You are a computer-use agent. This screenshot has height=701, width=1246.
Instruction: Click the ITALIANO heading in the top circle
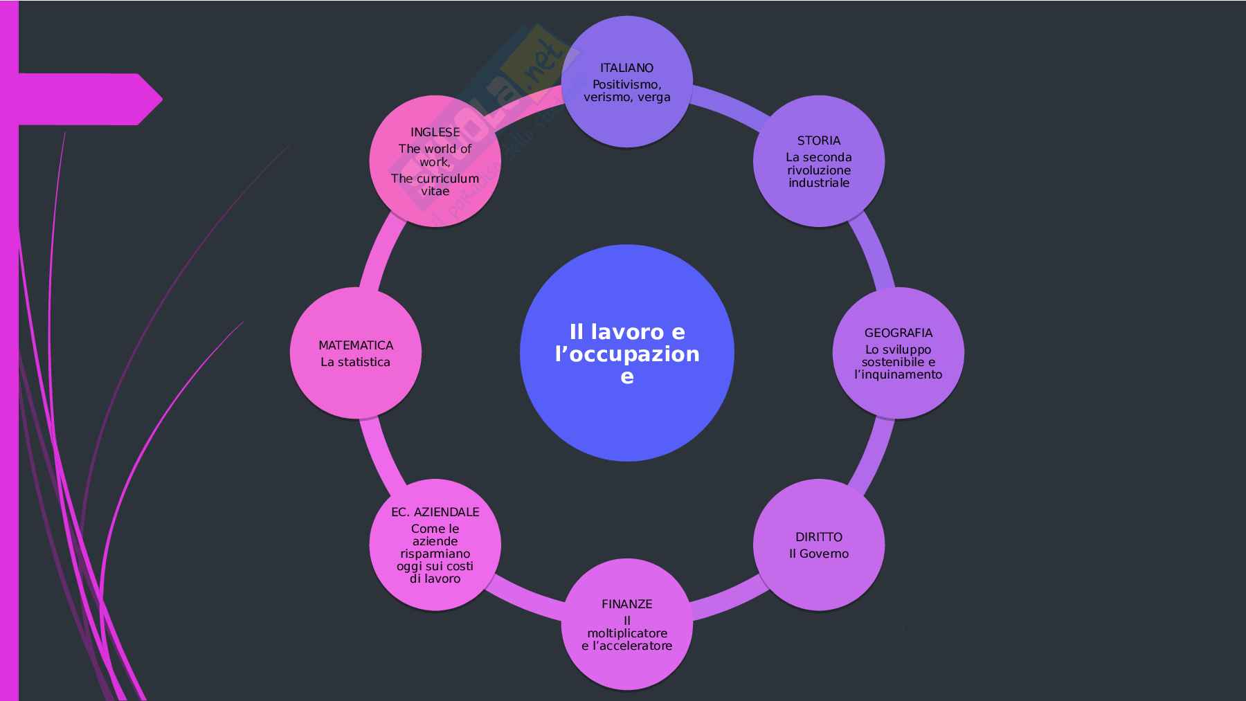coord(626,68)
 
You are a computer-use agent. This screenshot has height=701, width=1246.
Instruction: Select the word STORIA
coord(818,140)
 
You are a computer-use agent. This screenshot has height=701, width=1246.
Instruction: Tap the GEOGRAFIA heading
coord(898,333)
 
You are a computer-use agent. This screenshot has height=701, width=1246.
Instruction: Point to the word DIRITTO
coord(818,537)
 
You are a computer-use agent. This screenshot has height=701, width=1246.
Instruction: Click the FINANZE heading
coord(626,604)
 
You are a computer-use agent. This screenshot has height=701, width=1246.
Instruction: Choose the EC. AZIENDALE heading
coord(435,512)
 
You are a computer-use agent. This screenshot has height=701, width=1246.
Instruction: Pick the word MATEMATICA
coord(356,345)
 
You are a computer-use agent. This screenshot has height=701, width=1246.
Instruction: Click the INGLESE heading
coord(435,132)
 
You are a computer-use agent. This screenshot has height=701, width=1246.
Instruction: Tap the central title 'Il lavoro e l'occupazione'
coord(626,354)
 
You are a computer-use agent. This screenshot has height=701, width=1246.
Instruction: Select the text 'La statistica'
coord(356,362)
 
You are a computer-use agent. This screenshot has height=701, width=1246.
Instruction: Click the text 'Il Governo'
coord(818,554)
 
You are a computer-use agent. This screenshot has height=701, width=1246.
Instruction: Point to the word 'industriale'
coord(818,183)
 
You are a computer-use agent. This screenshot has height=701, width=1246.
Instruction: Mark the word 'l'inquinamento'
coord(898,374)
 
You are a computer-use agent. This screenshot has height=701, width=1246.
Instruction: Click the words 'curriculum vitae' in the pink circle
coord(435,185)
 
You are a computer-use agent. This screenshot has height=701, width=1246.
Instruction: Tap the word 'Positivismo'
coord(626,84)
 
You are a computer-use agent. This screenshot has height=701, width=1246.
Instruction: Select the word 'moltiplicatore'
coord(626,633)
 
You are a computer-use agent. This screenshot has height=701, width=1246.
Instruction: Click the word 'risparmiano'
coord(435,554)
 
